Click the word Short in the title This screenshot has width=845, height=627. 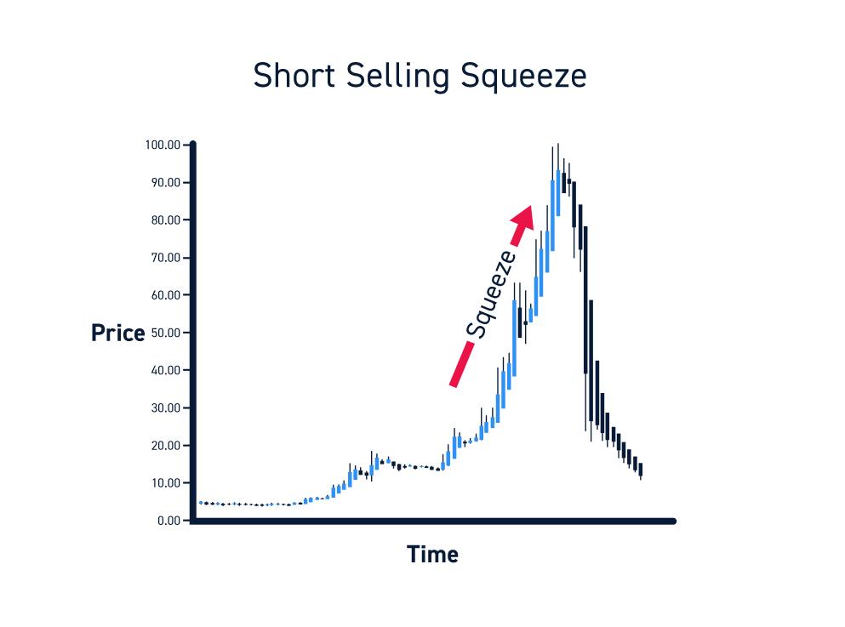coord(294,75)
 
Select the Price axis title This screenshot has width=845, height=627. coord(118,333)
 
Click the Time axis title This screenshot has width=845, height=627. coord(433,555)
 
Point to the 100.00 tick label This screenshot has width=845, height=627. coord(163,145)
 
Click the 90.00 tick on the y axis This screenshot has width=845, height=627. coord(165,183)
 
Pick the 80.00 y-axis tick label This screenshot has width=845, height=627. coord(165,219)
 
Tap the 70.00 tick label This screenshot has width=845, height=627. coord(165,258)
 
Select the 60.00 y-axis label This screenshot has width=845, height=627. coord(165,295)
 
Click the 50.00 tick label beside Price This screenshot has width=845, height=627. coord(165,333)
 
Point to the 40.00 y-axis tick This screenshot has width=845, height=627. coord(165,370)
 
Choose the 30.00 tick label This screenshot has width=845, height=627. coord(165,408)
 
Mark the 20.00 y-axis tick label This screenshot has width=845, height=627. coord(165,446)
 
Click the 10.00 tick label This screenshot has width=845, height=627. coord(165,482)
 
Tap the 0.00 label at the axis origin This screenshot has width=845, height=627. coord(168,521)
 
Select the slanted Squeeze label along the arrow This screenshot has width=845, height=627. coord(491,294)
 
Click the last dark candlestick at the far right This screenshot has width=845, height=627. coord(641,470)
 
